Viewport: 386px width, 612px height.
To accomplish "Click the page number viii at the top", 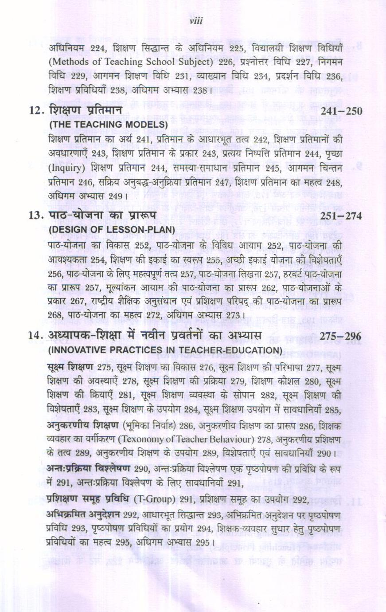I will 195,21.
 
